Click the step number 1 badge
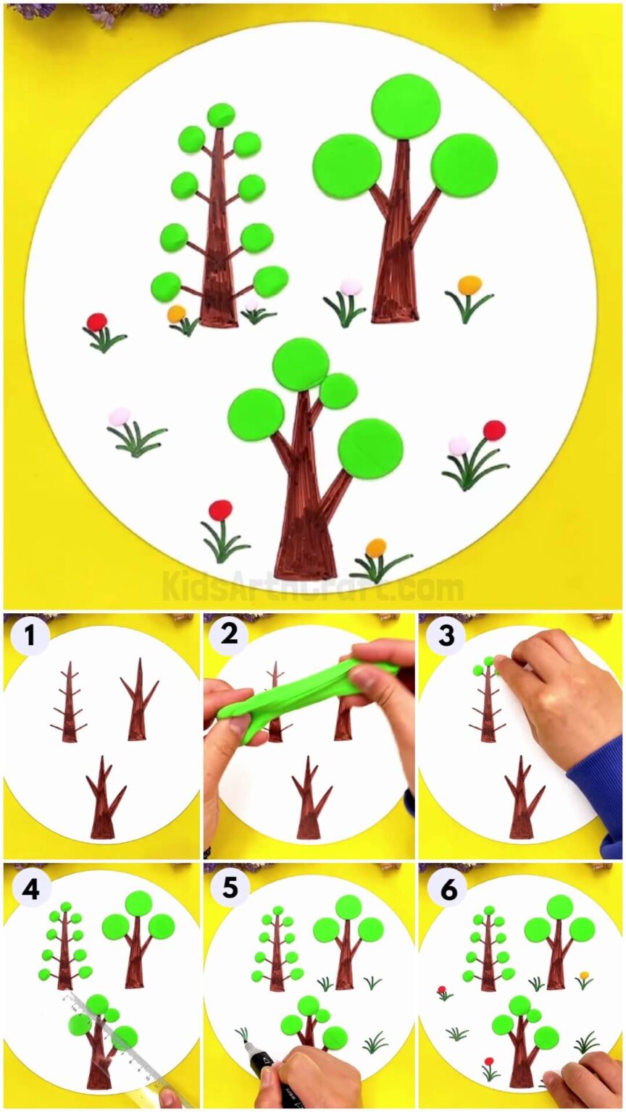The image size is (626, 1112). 30,636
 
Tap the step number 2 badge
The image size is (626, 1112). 230,635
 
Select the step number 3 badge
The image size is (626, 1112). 446,636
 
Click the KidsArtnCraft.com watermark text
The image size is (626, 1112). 312,585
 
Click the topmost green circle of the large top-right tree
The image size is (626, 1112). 406,106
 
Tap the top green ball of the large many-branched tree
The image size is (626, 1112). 221,115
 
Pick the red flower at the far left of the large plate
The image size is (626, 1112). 96,321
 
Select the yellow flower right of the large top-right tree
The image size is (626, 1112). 470,285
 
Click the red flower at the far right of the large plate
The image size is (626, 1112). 494,430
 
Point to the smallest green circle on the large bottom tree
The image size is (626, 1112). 338,391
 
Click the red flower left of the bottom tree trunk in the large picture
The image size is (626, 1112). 220,510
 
